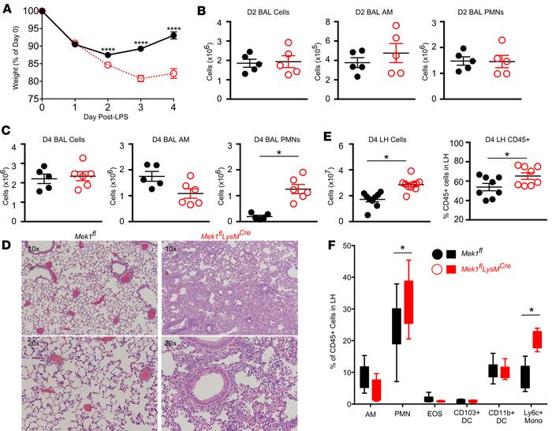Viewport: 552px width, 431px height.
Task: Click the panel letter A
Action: (x=6, y=7)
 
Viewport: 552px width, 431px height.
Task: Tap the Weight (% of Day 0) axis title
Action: (x=7, y=55)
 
